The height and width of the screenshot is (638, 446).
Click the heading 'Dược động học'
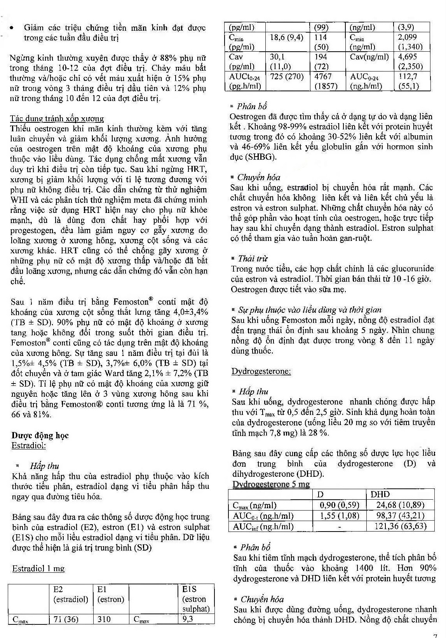[x=40, y=435]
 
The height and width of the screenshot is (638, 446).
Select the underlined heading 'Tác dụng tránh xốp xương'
[x=57, y=119]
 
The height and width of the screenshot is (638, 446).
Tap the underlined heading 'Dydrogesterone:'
[x=261, y=371]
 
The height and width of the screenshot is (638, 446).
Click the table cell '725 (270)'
[x=287, y=77]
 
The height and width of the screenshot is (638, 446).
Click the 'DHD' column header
[x=380, y=494]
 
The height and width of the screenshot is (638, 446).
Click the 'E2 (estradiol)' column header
[x=71, y=594]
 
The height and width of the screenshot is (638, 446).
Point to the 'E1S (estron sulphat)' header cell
[x=196, y=599]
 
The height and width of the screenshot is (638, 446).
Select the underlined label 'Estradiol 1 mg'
[x=38, y=568]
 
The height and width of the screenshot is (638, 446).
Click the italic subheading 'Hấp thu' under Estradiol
[x=44, y=465]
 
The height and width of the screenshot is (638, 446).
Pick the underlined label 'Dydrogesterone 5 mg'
[x=271, y=484]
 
